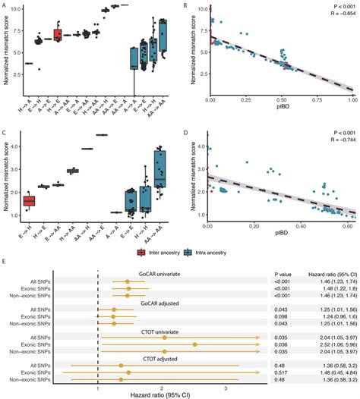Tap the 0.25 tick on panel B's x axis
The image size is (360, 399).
(x=246, y=99)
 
